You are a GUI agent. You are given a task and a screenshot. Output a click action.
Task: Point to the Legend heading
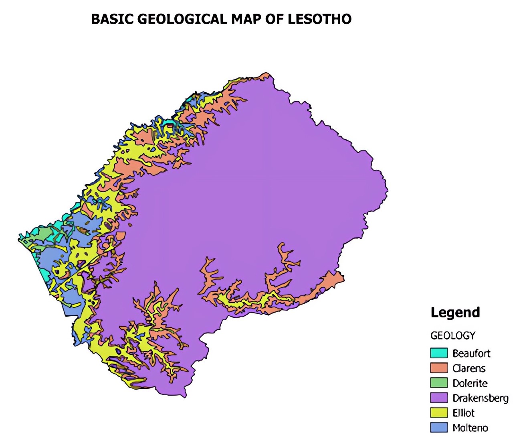click(455, 312)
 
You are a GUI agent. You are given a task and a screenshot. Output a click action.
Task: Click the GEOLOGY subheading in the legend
click(453, 335)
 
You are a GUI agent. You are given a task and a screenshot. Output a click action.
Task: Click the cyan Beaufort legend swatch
click(439, 353)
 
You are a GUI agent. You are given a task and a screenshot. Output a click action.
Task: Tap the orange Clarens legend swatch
click(439, 368)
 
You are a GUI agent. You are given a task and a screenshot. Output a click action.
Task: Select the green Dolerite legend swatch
click(439, 383)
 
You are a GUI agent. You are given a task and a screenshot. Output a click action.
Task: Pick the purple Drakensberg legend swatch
click(439, 398)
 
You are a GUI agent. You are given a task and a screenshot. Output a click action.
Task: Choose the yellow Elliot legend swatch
click(439, 412)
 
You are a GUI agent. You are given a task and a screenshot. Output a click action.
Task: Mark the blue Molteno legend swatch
click(439, 427)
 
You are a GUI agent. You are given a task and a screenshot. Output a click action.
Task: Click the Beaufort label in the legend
click(471, 353)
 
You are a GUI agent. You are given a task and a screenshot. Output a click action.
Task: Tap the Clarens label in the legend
click(469, 368)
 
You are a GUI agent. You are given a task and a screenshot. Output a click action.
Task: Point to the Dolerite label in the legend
click(470, 383)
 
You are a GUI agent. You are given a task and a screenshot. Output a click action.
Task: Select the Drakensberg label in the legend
click(481, 398)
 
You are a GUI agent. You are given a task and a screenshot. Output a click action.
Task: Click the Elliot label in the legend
click(463, 412)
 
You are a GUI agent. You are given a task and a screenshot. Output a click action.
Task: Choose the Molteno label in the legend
click(470, 428)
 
